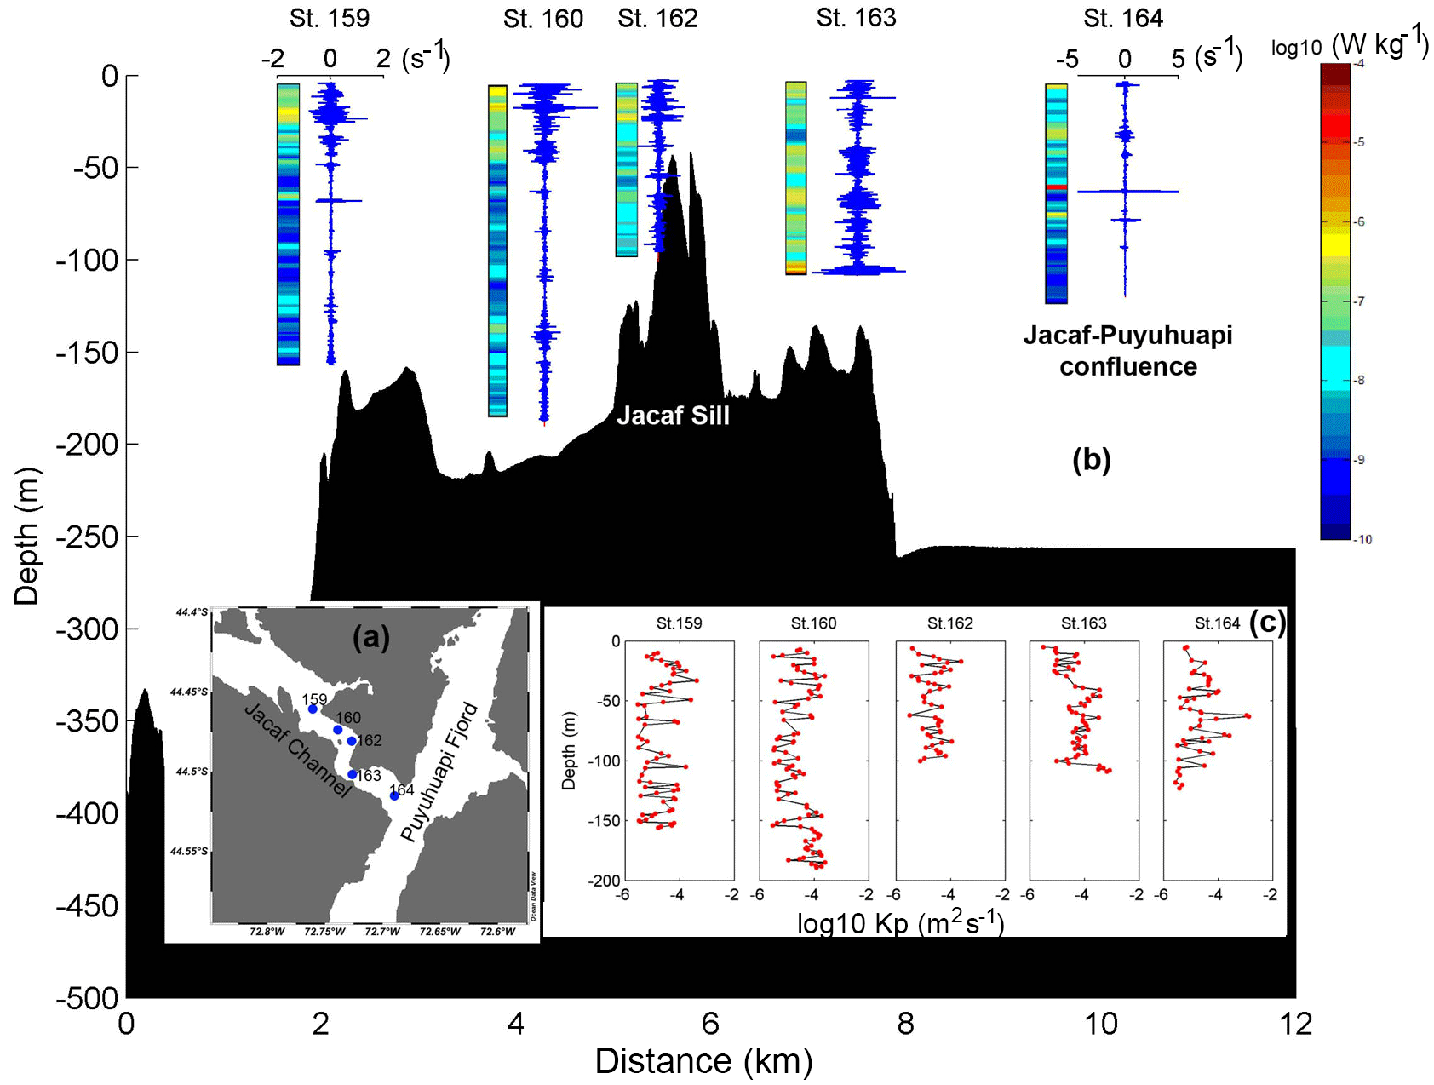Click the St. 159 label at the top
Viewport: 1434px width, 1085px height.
(x=330, y=19)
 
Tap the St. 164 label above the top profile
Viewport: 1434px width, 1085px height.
(x=1122, y=19)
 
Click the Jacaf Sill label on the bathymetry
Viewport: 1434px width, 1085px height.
(x=673, y=416)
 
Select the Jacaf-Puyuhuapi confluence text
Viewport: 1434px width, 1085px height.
(x=1127, y=351)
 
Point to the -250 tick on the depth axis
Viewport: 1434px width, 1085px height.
(x=86, y=537)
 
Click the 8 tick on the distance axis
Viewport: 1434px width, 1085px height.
(x=906, y=1023)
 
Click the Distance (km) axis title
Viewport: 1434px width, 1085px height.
(x=703, y=1061)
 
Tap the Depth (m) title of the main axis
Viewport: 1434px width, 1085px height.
(x=27, y=537)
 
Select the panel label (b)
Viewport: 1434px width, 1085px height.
(x=1092, y=460)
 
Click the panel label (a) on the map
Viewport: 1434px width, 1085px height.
(x=371, y=637)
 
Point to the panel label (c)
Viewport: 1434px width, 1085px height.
(x=1267, y=623)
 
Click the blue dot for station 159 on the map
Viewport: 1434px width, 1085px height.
(x=313, y=709)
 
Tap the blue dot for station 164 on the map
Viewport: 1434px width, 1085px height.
(x=394, y=796)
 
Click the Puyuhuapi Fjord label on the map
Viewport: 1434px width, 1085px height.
(x=440, y=772)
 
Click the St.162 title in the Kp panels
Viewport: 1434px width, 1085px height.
(x=949, y=624)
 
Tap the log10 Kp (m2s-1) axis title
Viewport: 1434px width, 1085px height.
(x=900, y=924)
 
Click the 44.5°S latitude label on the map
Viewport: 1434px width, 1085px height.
(x=191, y=772)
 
